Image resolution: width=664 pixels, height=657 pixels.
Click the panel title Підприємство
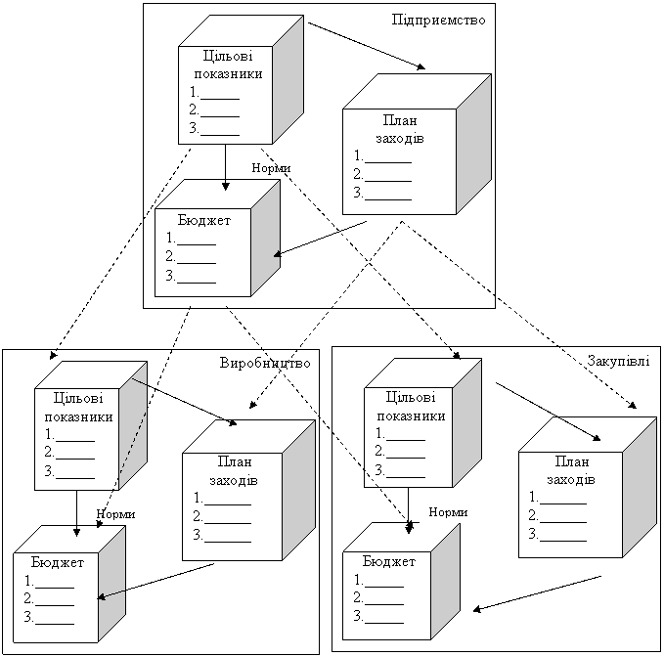(x=438, y=19)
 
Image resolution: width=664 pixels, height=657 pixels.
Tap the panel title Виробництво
(x=265, y=363)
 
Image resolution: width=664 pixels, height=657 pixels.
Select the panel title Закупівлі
(x=617, y=361)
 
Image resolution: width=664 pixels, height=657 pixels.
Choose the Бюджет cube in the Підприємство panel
(x=204, y=250)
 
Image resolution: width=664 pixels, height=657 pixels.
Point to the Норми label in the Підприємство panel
(x=271, y=168)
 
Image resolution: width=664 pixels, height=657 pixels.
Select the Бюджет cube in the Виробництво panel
(x=58, y=591)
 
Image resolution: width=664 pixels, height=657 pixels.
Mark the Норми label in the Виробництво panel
(x=115, y=513)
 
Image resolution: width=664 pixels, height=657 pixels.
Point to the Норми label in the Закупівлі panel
(x=448, y=511)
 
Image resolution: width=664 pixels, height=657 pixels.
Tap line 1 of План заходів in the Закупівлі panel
(x=556, y=498)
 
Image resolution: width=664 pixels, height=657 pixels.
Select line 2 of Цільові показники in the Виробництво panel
(x=69, y=452)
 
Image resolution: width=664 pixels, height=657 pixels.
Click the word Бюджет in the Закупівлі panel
(x=388, y=562)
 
